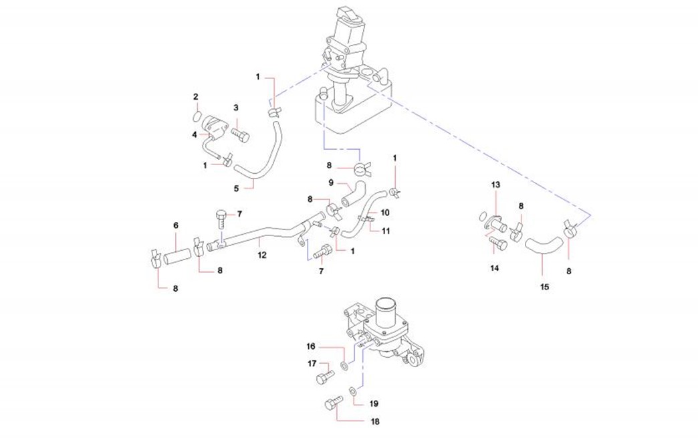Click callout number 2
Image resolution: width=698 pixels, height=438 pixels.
(x=196, y=97)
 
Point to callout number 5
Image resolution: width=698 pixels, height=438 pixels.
(x=236, y=189)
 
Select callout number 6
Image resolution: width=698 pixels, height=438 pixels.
(x=176, y=226)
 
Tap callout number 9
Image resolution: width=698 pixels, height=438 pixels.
(x=331, y=182)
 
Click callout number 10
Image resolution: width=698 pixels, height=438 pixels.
(x=384, y=213)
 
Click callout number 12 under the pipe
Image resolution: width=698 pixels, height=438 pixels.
(x=262, y=255)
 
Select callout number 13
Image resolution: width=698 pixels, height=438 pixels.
(x=495, y=184)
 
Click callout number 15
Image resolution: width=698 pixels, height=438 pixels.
(x=544, y=287)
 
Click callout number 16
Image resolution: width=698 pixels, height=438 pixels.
(x=311, y=346)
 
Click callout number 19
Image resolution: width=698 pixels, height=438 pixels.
(x=374, y=404)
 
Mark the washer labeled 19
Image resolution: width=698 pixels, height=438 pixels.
(x=352, y=391)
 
